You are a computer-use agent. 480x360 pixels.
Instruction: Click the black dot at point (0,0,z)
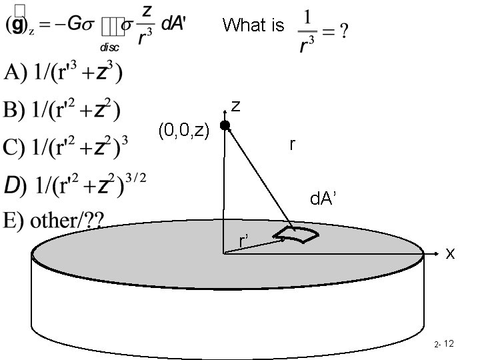[225, 125]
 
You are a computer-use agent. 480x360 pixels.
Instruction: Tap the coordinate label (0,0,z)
[185, 131]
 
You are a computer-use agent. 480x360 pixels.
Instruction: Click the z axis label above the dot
[236, 106]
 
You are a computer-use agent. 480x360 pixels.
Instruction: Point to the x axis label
[451, 253]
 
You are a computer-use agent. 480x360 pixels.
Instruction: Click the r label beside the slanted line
[293, 144]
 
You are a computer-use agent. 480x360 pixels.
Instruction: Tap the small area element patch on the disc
[296, 234]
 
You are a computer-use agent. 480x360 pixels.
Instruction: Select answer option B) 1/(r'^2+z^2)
[64, 111]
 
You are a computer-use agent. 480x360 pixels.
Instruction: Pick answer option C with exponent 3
[67, 147]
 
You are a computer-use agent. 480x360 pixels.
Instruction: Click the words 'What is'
[253, 26]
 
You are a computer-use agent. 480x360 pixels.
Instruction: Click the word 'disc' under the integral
[110, 47]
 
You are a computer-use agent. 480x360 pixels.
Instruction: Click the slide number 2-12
[443, 344]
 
